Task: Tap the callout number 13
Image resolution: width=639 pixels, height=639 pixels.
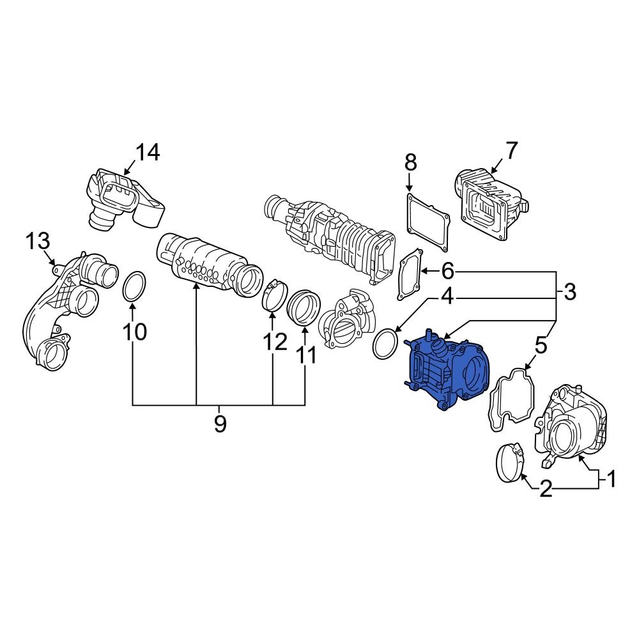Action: click(x=37, y=242)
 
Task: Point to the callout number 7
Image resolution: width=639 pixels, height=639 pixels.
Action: click(x=512, y=151)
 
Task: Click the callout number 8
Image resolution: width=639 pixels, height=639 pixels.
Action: click(x=410, y=162)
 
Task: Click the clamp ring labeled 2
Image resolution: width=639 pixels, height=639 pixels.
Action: click(x=511, y=460)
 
